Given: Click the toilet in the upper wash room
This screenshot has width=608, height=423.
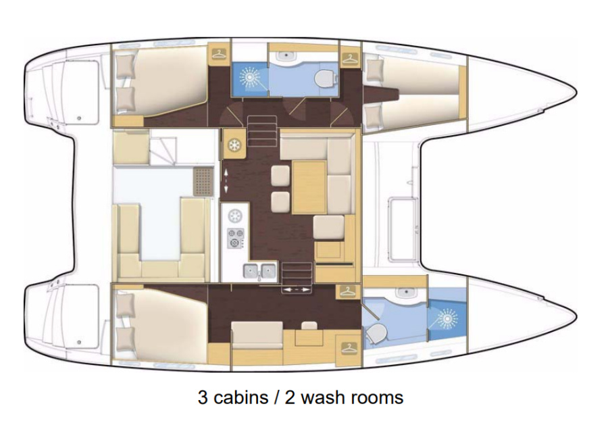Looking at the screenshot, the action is tap(324, 80).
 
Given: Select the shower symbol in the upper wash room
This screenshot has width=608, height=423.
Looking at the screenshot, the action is tap(250, 78).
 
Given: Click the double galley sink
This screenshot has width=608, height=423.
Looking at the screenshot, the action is tap(260, 271).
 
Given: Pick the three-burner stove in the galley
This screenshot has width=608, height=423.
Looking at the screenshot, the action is tap(235, 238).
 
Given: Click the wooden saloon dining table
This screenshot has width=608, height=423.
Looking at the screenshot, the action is tap(309, 187).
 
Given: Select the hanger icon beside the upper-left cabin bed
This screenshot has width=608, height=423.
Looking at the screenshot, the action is tap(219, 54).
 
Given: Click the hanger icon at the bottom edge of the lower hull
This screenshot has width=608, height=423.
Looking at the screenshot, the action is tap(349, 348).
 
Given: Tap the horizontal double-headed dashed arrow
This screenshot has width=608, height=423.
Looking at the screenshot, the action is tap(297, 290).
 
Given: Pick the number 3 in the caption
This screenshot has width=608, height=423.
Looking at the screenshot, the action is tap(203, 398).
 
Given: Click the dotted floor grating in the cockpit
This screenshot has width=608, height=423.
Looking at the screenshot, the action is tap(203, 182).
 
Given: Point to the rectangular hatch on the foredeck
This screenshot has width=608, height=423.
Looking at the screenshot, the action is tap(403, 229).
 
